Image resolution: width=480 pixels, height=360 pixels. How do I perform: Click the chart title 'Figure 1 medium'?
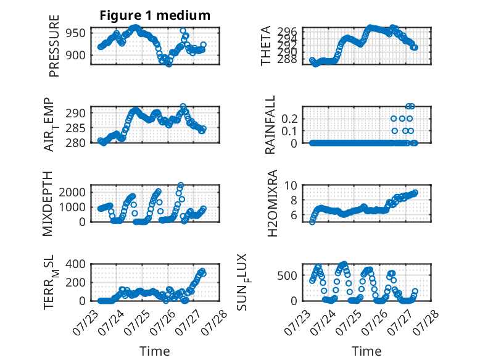click(155, 15)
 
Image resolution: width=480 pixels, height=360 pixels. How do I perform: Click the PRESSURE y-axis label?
click(54, 46)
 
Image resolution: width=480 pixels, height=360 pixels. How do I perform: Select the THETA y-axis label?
click(266, 46)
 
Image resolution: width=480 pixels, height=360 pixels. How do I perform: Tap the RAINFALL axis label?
click(270, 125)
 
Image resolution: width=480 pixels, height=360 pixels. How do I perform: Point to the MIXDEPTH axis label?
click(48, 204)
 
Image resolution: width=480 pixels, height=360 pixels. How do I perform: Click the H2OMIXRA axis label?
click(272, 203)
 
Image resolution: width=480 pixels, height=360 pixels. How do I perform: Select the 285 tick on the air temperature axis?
click(75, 128)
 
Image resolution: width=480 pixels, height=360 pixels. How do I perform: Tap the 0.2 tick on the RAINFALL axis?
click(289, 119)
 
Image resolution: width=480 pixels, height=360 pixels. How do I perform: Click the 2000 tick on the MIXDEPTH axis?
click(72, 193)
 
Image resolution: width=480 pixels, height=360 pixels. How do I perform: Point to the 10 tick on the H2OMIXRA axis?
click(291, 185)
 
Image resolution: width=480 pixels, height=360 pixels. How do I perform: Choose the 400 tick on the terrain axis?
click(76, 264)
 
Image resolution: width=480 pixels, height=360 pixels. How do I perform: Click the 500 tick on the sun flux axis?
click(288, 275)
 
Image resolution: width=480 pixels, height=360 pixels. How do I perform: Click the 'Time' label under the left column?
click(155, 351)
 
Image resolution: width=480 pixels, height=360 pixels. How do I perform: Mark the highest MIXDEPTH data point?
click(181, 185)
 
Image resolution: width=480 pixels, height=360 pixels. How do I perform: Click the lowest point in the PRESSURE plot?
click(169, 64)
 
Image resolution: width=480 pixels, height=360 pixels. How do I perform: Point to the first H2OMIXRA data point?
click(312, 222)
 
